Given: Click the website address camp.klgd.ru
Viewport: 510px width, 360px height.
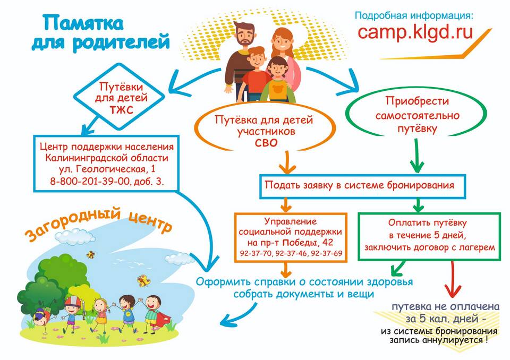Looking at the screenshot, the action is point(415,32).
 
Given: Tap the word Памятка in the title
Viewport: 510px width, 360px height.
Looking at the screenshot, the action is point(83,23).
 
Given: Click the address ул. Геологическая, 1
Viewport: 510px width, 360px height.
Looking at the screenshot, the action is point(107,169).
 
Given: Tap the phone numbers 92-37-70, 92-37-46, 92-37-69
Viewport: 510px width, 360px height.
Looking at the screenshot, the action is point(291,253).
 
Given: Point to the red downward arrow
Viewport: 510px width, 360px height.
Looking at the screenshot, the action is point(453,280).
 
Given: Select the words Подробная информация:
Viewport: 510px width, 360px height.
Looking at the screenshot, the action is point(414,15).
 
